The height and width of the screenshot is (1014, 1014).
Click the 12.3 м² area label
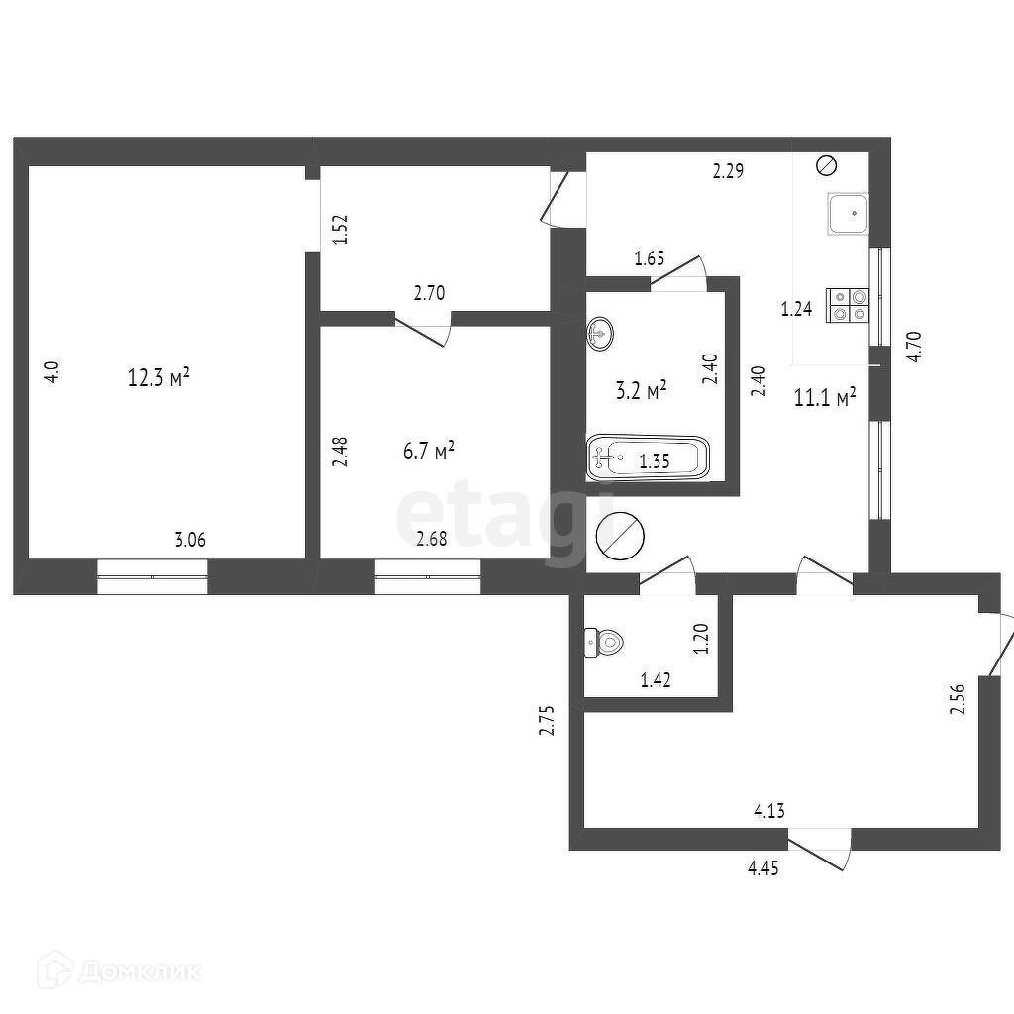click(x=158, y=377)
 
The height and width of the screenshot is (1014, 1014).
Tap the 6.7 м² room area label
click(x=428, y=452)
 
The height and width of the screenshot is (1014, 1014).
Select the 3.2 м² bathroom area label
click(x=641, y=390)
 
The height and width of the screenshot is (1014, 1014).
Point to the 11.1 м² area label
click(x=825, y=398)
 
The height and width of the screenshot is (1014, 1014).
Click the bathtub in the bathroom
click(x=649, y=459)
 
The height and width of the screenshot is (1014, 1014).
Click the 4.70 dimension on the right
click(x=915, y=346)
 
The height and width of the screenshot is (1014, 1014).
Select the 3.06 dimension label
click(x=190, y=540)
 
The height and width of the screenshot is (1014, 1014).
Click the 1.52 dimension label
click(x=339, y=231)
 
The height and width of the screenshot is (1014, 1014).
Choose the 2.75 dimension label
click(x=545, y=720)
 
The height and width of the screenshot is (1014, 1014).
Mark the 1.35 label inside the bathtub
click(x=655, y=460)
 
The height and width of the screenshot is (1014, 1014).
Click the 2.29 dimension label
click(x=728, y=171)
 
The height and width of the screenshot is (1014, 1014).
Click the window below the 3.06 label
click(x=152, y=576)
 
